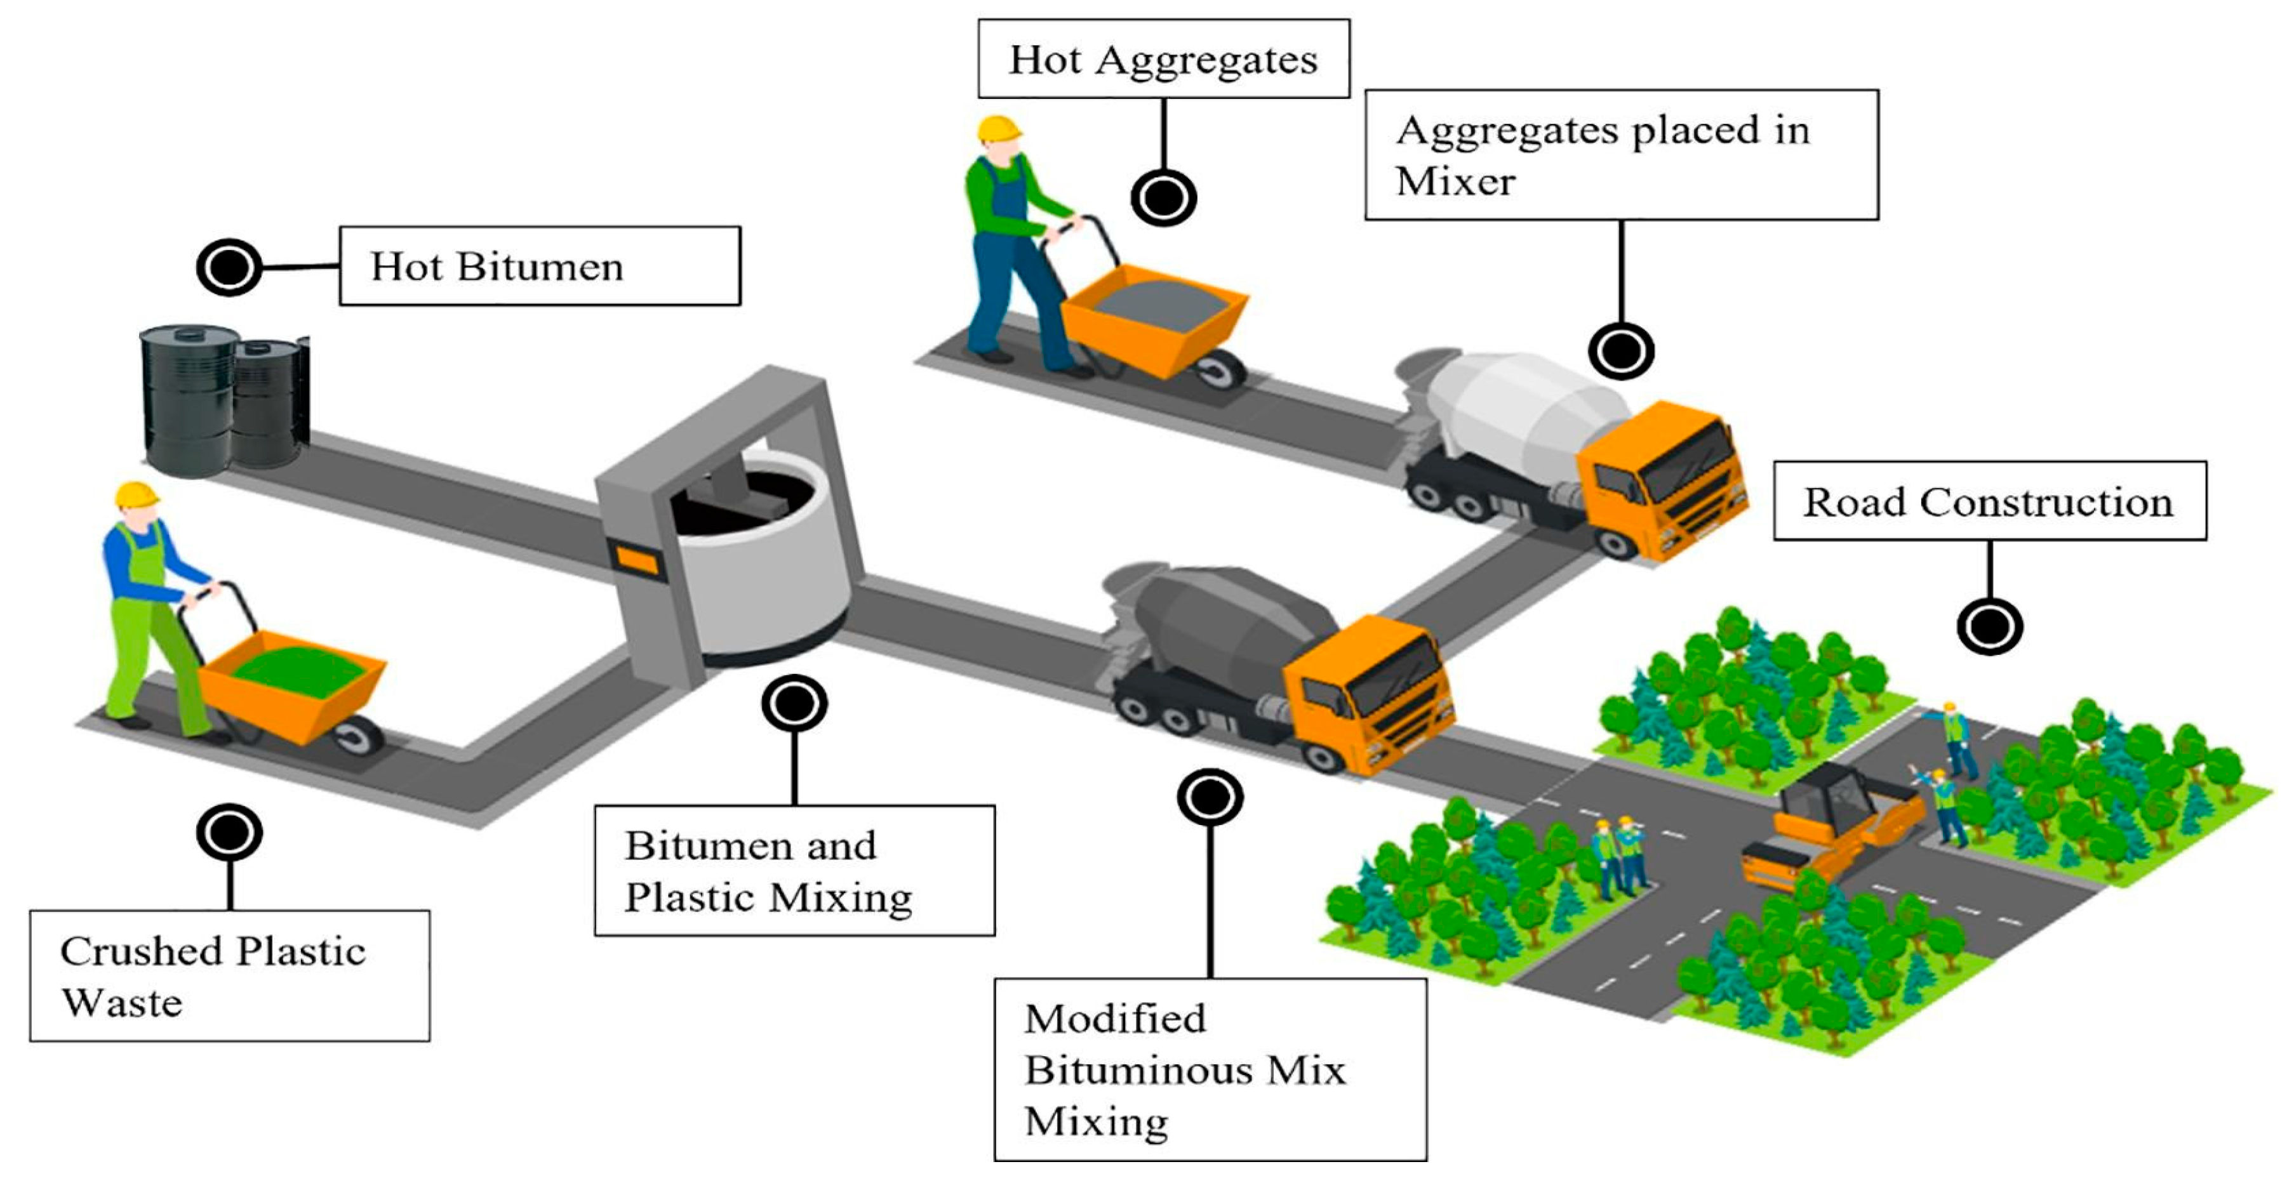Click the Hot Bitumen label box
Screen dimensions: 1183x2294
(539, 266)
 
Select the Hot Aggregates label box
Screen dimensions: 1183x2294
(1163, 60)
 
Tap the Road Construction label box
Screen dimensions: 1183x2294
(1989, 501)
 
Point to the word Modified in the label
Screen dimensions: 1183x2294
(1115, 1019)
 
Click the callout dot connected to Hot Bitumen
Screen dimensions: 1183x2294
(229, 267)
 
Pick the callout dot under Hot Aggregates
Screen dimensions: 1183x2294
(1163, 197)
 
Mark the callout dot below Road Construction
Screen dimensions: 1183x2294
(1989, 626)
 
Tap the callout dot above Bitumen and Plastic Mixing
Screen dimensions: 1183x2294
(794, 704)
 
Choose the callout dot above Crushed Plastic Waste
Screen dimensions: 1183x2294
(229, 832)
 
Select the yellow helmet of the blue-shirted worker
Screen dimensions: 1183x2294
(137, 495)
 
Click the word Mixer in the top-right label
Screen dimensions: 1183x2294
(1455, 182)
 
